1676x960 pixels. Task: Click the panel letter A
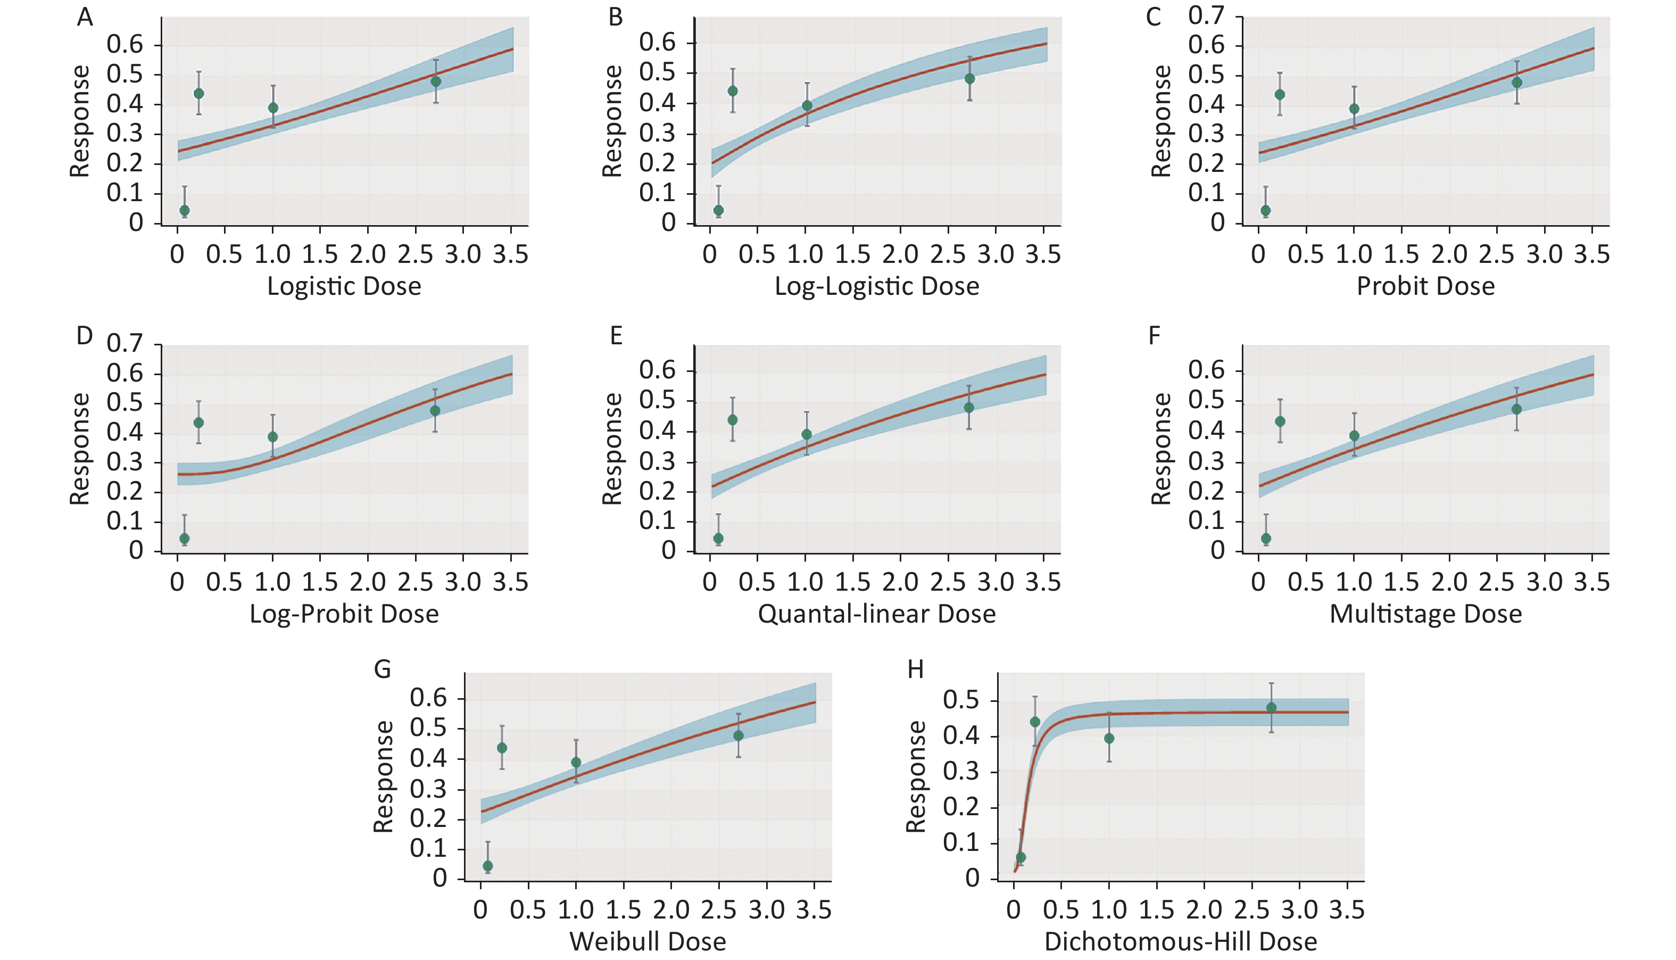coord(85,17)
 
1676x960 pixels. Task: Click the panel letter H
coord(916,670)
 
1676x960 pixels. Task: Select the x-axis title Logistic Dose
coord(344,286)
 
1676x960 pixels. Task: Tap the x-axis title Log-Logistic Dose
coord(876,286)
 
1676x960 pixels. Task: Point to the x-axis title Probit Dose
coord(1425,286)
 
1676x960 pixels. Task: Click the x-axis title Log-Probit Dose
coord(344,614)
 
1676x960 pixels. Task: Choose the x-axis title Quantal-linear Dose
coord(876,614)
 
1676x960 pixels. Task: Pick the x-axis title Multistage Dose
coord(1425,614)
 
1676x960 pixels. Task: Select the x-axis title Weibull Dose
coord(648,941)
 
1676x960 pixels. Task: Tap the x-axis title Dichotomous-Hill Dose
coord(1181,941)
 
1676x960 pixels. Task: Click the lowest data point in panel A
coord(185,210)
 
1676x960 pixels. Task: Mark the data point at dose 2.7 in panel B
coord(969,78)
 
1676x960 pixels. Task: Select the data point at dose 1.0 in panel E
coord(807,435)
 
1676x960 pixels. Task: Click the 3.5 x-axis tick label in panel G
coord(814,910)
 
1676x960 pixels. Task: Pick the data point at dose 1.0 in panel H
coord(1109,739)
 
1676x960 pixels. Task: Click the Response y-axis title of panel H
coord(916,776)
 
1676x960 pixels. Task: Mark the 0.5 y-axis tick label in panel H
coord(961,700)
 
